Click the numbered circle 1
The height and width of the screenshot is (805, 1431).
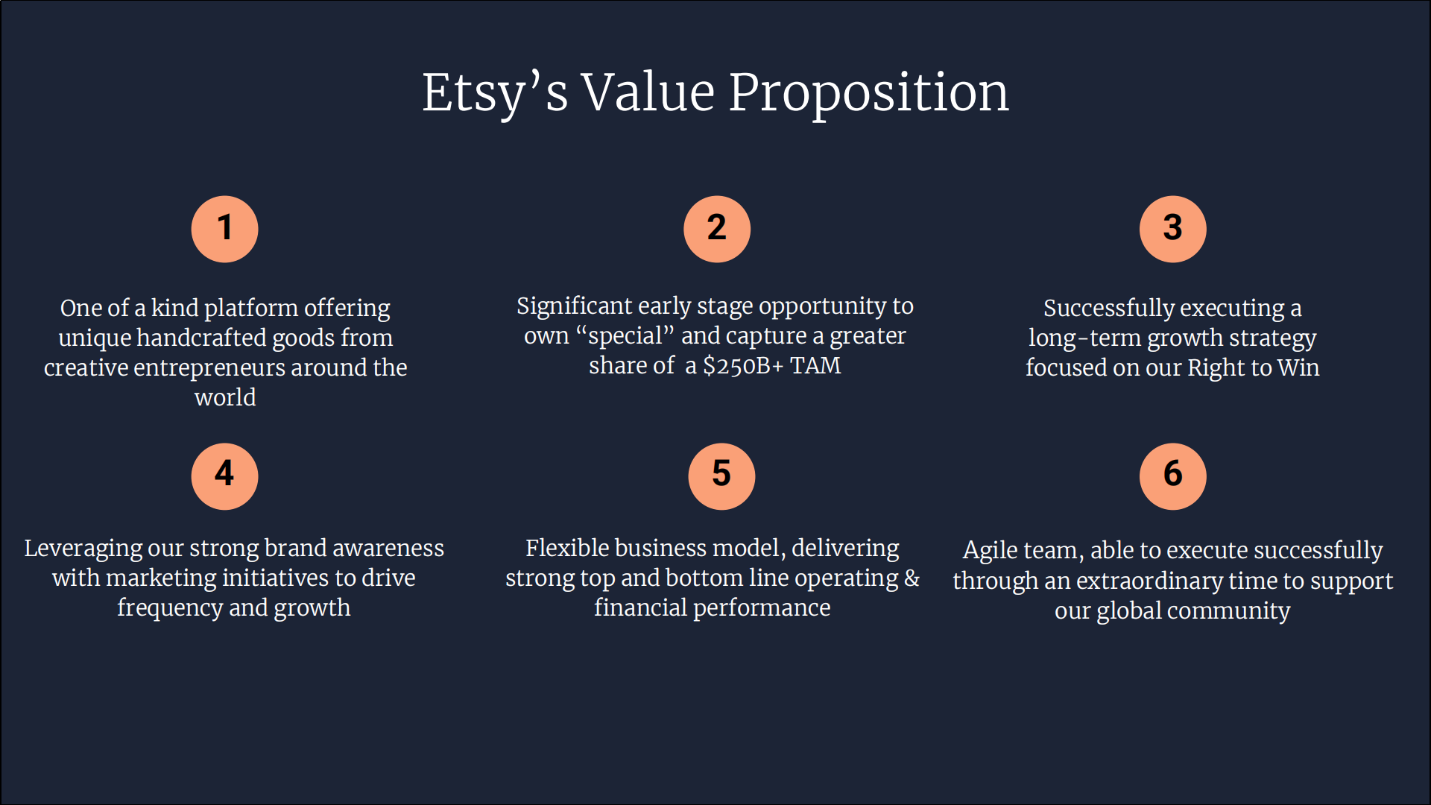click(224, 229)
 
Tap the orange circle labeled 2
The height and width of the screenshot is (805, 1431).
click(717, 229)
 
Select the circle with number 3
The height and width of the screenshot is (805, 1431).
click(1172, 229)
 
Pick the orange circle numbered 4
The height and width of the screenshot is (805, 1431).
click(224, 476)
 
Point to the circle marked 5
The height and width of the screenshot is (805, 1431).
click(721, 476)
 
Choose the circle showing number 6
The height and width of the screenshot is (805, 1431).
click(1172, 476)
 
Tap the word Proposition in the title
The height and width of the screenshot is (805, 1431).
click(868, 94)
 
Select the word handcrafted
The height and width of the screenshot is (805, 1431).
click(201, 338)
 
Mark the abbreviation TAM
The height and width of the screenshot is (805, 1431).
click(815, 366)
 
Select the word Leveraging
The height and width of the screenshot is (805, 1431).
click(83, 549)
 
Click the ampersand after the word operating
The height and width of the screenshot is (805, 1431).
click(912, 578)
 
